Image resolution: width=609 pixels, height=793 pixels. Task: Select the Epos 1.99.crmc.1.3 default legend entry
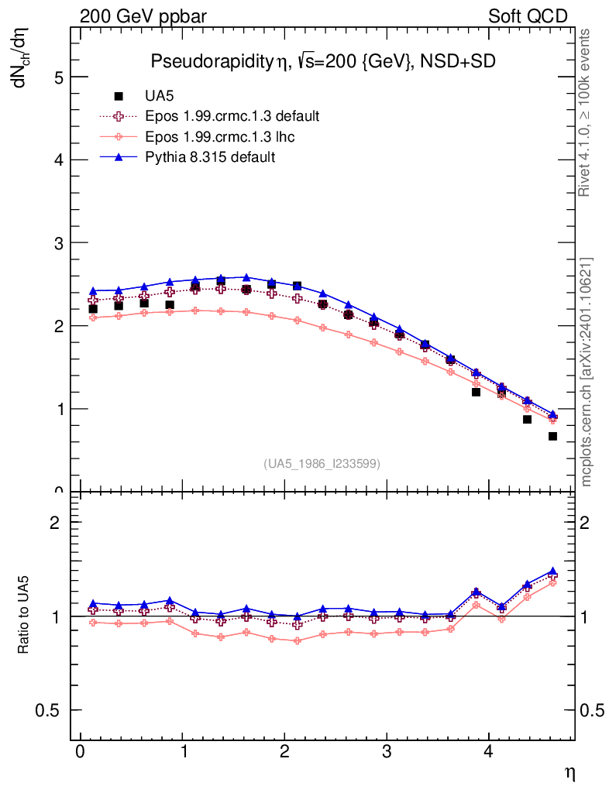(x=232, y=117)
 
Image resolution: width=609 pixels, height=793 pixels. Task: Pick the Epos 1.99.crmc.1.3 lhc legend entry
(x=219, y=137)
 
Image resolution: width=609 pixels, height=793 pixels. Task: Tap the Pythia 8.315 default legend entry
(x=210, y=157)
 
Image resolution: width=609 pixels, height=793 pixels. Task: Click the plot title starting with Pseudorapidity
(x=322, y=62)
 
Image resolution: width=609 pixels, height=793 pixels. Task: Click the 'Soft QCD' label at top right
(x=528, y=16)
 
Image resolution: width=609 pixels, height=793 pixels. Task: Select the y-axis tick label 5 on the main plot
(x=57, y=77)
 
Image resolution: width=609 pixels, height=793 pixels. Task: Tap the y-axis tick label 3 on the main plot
(x=57, y=243)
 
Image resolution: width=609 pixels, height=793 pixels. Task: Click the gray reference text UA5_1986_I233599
(x=322, y=464)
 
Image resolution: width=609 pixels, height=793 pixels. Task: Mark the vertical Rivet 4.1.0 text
(x=587, y=112)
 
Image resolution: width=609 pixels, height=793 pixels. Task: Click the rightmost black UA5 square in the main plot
(x=552, y=436)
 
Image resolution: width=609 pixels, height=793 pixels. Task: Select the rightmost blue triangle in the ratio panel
(x=552, y=572)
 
